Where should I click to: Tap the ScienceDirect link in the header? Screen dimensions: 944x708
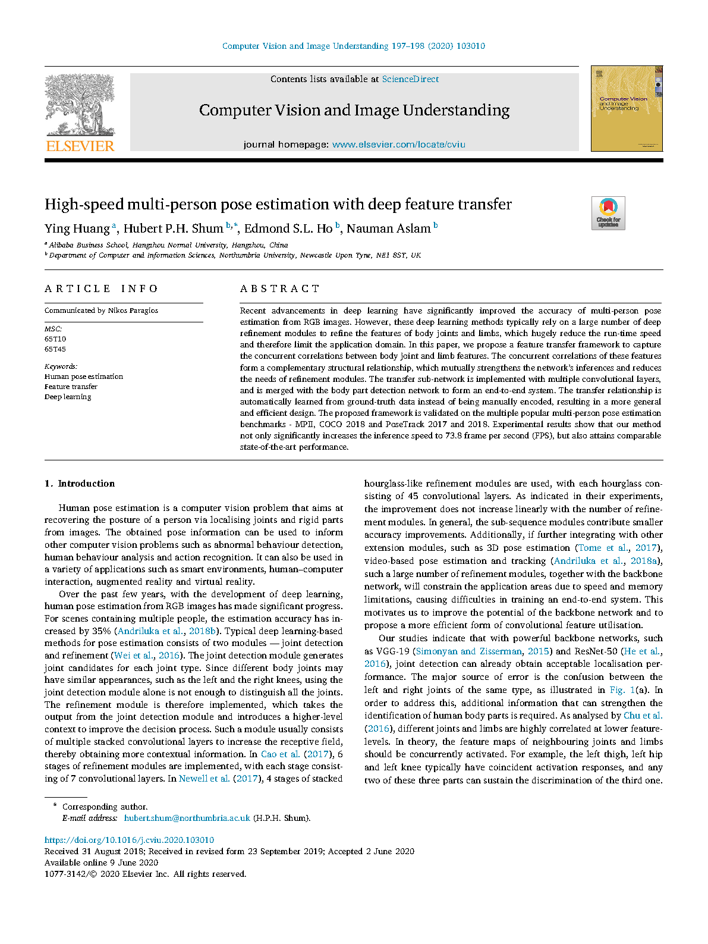tap(410, 79)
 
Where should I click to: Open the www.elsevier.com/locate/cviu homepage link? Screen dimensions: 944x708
tap(398, 145)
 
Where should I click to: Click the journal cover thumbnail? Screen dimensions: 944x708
tap(627, 108)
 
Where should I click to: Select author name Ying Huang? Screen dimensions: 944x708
tap(77, 229)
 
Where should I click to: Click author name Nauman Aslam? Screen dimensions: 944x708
tap(388, 229)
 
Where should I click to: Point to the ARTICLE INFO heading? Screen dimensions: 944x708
tap(101, 288)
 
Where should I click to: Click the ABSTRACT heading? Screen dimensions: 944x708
tap(280, 288)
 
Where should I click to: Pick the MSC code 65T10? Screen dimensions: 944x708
tap(55, 339)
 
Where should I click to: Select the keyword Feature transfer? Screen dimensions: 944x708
tap(71, 387)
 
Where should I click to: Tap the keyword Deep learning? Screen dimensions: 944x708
tap(68, 397)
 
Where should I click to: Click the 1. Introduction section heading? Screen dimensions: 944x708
tap(80, 484)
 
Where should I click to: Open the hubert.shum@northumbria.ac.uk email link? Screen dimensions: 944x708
tap(187, 818)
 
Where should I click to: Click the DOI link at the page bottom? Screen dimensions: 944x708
tap(129, 840)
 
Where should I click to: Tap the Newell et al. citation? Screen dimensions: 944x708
tap(204, 779)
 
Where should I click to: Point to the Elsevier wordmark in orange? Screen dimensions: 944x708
tap(80, 146)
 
